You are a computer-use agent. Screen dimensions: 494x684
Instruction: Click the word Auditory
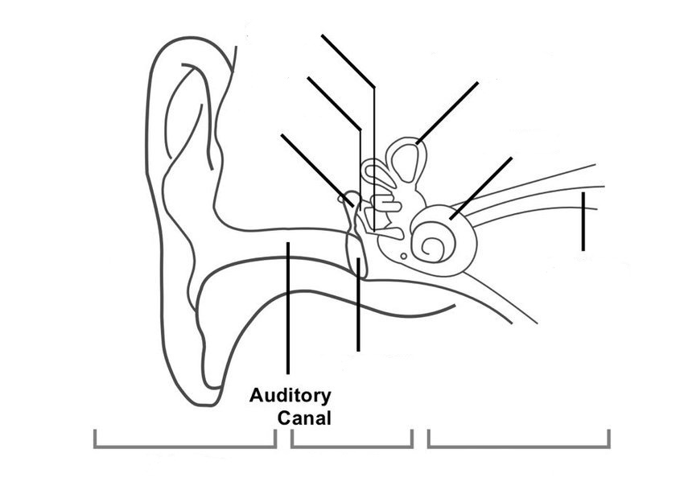click(290, 396)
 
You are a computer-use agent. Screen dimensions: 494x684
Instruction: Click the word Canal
click(304, 418)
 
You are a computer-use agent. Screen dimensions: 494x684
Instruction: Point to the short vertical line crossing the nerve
click(583, 221)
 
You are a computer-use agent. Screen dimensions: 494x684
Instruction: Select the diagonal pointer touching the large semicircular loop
click(447, 113)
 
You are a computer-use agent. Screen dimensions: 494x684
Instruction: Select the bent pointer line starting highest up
click(348, 60)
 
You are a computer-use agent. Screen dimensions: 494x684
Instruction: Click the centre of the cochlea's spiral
click(431, 246)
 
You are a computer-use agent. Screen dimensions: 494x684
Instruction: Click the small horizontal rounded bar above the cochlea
click(387, 202)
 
